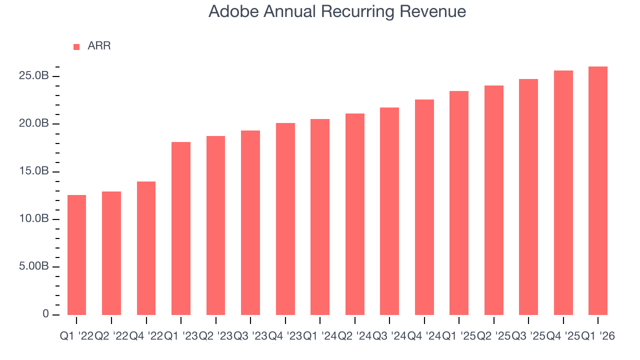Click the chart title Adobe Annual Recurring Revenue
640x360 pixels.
337,11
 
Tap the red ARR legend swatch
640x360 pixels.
76,46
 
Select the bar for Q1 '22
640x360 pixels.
76,255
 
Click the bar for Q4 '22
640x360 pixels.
146,248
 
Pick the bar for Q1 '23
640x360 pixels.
181,228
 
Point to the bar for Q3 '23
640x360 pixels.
250,222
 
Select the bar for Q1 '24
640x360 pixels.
320,217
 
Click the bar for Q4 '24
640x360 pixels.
424,207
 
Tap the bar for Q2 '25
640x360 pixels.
494,200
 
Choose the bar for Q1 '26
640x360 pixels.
598,190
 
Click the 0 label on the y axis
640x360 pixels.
45,314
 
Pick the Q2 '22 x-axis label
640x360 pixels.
111,336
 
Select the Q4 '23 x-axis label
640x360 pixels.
285,336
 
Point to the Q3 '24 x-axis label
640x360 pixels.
389,336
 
